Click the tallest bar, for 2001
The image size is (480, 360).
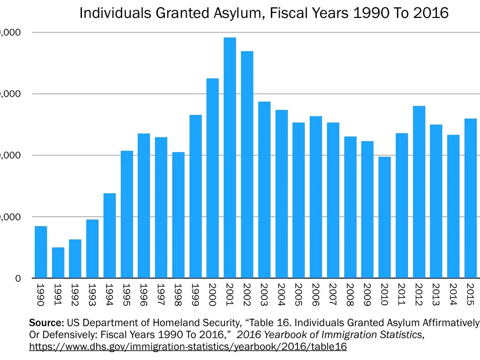[230, 157]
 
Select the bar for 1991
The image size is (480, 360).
[58, 262]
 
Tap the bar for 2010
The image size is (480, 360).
[384, 217]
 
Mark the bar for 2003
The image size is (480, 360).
[264, 190]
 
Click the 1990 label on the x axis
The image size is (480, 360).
[40, 295]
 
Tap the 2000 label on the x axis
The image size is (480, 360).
[212, 295]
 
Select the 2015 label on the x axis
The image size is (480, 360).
[470, 295]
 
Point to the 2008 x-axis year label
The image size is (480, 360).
[350, 295]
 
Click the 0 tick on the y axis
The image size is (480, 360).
[18, 278]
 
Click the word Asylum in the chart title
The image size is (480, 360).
[238, 13]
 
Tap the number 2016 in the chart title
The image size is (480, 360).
[431, 13]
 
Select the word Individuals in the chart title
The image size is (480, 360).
[115, 13]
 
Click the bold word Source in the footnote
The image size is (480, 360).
[46, 323]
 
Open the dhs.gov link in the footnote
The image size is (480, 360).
[188, 346]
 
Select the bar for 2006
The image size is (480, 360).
[316, 197]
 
